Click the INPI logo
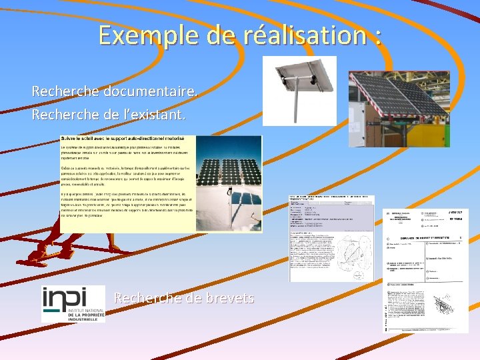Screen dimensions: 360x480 pyautogui.click(x=73, y=304)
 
